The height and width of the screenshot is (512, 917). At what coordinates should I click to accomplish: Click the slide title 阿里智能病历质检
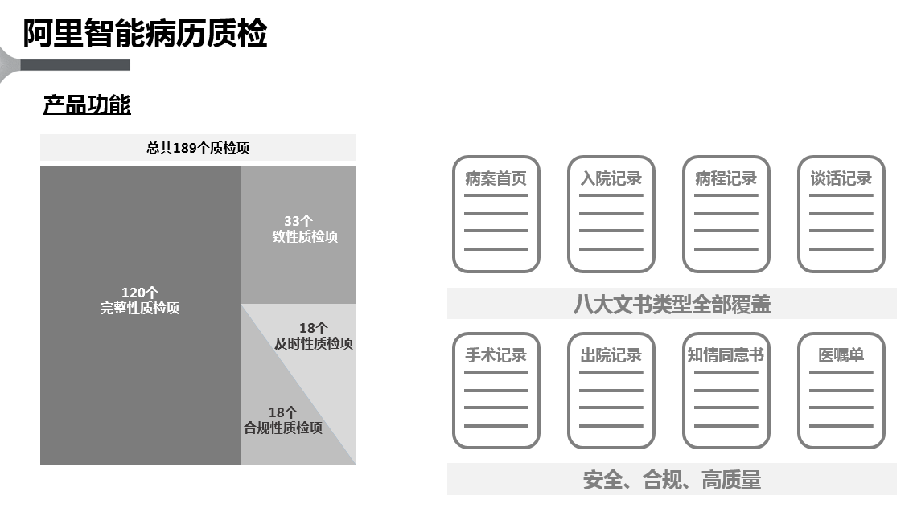(x=145, y=33)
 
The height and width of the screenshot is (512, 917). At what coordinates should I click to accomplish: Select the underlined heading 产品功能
(x=87, y=105)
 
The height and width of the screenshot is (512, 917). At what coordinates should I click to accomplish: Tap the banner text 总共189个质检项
(x=198, y=148)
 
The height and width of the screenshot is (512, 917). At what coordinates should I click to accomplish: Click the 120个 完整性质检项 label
(x=140, y=301)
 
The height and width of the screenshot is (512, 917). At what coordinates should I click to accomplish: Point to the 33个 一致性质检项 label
(x=298, y=229)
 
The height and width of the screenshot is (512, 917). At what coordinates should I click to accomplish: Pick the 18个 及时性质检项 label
(x=314, y=336)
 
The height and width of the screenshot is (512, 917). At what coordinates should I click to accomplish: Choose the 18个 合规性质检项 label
(x=283, y=420)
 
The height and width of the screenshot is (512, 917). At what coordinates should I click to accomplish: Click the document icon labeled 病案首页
(x=496, y=214)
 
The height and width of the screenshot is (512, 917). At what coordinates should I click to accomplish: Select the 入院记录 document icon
(x=611, y=214)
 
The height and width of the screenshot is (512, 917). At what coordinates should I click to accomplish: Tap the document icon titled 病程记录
(x=726, y=214)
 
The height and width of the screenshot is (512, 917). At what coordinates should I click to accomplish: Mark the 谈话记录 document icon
(x=841, y=214)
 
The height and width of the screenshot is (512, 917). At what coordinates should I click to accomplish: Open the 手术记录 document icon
(x=496, y=391)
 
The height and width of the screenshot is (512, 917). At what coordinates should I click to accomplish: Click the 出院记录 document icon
(x=611, y=391)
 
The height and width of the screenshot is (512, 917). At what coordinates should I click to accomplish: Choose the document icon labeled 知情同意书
(x=726, y=391)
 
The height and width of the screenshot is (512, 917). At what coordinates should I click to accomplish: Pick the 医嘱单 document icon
(x=841, y=391)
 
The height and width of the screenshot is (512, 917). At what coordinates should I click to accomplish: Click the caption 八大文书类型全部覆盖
(x=672, y=304)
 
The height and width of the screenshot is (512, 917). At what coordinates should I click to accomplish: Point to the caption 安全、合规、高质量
(x=672, y=480)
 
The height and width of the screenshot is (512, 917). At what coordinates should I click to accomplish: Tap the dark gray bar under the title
(x=75, y=65)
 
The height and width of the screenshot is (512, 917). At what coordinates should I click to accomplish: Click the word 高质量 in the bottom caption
(x=732, y=480)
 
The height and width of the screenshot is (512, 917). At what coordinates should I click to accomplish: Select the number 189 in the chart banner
(x=184, y=148)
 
